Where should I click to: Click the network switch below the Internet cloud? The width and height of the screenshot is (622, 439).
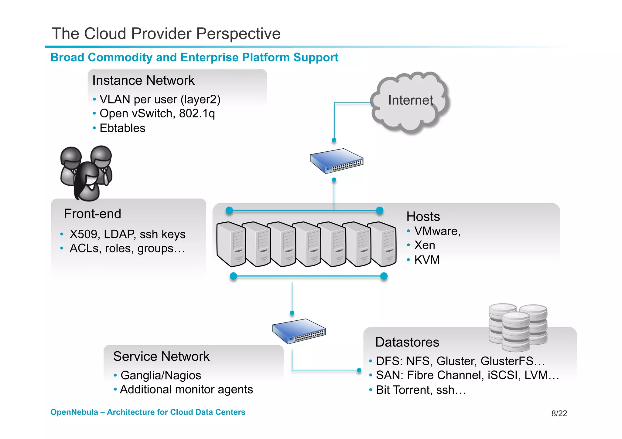pos(337,161)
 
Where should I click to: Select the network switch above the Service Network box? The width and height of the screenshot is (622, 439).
pos(299,331)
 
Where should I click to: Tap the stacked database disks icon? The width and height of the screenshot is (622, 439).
pos(518,326)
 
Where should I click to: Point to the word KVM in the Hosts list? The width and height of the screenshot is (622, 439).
pos(427,260)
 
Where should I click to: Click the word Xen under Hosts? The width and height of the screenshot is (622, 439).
pos(424,245)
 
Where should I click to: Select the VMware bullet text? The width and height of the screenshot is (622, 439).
pos(437,231)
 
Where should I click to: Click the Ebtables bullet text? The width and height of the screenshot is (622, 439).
pos(122,128)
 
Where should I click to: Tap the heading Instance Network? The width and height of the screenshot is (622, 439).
pos(143,81)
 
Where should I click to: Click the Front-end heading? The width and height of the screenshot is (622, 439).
pos(92,214)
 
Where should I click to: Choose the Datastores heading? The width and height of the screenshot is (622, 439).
pos(407,342)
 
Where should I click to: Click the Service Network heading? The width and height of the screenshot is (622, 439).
pos(161,356)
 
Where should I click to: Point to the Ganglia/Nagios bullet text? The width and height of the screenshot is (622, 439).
pos(161,376)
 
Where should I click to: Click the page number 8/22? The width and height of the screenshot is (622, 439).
pos(559,414)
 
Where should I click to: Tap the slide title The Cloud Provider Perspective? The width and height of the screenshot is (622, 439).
pos(166,34)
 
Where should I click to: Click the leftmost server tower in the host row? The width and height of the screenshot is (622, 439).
pos(231,244)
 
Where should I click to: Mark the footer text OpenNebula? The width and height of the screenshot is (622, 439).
pos(74,412)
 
